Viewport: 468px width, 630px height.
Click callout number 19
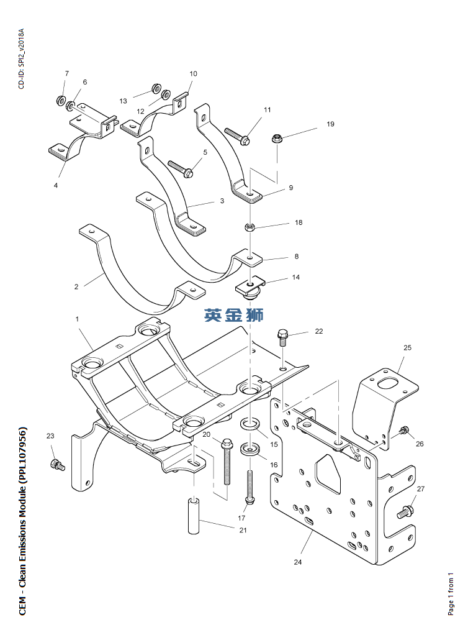pyautogui.click(x=330, y=124)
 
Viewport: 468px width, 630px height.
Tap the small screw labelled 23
pyautogui.click(x=57, y=463)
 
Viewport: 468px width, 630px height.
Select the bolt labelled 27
pyautogui.click(x=405, y=513)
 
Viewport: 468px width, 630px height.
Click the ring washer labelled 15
pyautogui.click(x=250, y=424)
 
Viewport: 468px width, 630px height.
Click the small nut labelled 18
pyautogui.click(x=250, y=226)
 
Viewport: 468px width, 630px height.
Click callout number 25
pyautogui.click(x=407, y=348)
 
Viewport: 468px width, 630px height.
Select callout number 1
pyautogui.click(x=77, y=319)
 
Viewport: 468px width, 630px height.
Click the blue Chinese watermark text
pyautogui.click(x=233, y=315)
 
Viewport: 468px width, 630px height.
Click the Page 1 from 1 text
pyautogui.click(x=451, y=595)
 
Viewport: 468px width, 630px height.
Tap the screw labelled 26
pyautogui.click(x=404, y=431)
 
